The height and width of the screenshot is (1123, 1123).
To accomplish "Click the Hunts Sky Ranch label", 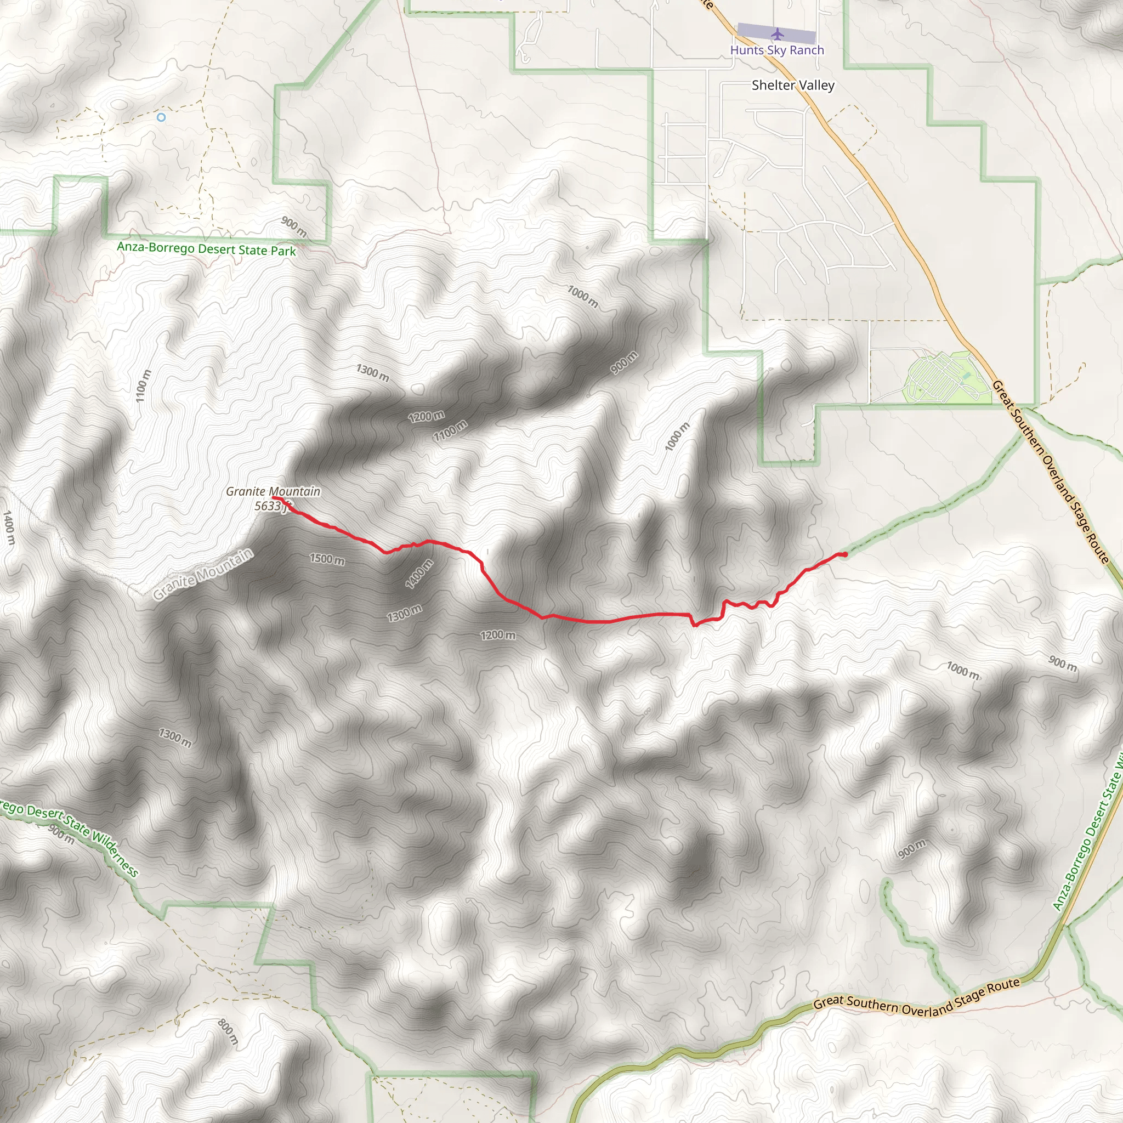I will pos(776,50).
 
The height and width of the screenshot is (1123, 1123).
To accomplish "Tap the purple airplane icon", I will pos(776,35).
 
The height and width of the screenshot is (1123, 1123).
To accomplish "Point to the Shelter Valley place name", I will pos(793,86).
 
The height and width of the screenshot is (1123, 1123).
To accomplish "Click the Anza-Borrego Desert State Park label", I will pos(206,249).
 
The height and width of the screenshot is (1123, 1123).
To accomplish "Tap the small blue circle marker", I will pos(161,117).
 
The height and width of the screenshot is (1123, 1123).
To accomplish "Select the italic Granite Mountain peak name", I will pos(273,492).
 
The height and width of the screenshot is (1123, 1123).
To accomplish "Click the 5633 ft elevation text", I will pos(271,506).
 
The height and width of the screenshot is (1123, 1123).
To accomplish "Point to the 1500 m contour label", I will pos(327,559).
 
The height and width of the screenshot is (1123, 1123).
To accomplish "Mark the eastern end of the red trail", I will pos(844,554).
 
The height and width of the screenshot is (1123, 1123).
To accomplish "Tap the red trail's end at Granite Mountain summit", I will pos(274,498).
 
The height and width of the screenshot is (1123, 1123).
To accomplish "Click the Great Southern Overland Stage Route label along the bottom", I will pos(917,997).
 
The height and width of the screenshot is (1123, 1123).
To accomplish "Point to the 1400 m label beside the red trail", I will pos(419,574).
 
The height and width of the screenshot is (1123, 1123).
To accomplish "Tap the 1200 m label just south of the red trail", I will pos(498,636).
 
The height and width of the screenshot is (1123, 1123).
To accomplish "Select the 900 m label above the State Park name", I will pos(293,226).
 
